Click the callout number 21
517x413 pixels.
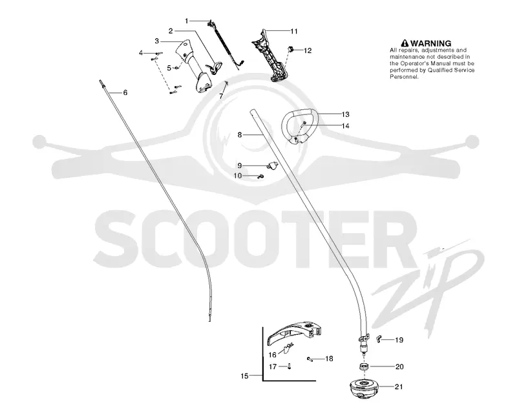pyautogui.click(x=399, y=387)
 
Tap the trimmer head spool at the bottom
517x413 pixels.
pyautogui.click(x=364, y=388)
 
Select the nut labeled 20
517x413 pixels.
pyautogui.click(x=364, y=366)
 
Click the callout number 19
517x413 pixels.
pyautogui.click(x=399, y=340)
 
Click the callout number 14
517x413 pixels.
pyautogui.click(x=345, y=125)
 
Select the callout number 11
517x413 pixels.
pyautogui.click(x=294, y=31)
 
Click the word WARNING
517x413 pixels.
pyautogui.click(x=430, y=43)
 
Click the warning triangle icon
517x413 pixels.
pyautogui.click(x=405, y=43)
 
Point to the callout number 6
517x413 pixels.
pyautogui.click(x=125, y=92)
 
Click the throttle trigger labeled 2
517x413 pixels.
pyautogui.click(x=215, y=67)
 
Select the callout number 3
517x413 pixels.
pyautogui.click(x=157, y=41)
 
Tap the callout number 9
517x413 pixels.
pyautogui.click(x=240, y=166)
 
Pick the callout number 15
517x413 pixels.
pyautogui.click(x=244, y=376)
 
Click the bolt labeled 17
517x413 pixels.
pyautogui.click(x=289, y=366)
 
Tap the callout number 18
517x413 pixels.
pyautogui.click(x=329, y=359)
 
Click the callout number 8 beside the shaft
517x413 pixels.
pyautogui.click(x=240, y=134)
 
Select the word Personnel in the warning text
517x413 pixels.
pyautogui.click(x=405, y=77)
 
